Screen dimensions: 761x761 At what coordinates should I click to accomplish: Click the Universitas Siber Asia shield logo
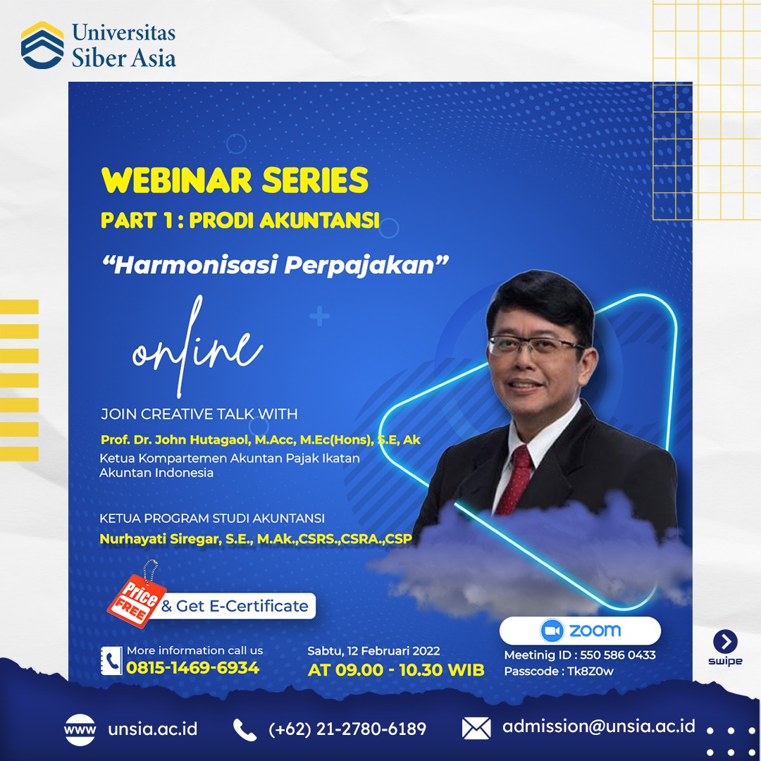pos(42,44)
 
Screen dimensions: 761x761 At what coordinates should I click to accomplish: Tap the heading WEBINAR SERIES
pos(235,180)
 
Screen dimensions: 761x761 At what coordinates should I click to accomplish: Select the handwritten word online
pos(197,347)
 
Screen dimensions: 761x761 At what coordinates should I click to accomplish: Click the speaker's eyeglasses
pos(536,345)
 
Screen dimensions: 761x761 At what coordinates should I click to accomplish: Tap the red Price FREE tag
pos(136,601)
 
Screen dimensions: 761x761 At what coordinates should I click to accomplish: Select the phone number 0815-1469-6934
pos(192,668)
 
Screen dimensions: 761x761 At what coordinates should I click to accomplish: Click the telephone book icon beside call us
pos(111,660)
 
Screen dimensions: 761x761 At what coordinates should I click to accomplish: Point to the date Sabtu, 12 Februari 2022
pos(373,651)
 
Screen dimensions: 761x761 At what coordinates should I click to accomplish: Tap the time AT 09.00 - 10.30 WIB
pos(396,670)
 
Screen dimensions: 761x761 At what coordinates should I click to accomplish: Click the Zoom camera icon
pos(552,631)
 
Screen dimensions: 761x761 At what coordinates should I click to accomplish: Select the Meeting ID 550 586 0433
pos(580,655)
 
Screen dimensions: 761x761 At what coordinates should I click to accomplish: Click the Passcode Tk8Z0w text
pos(559,672)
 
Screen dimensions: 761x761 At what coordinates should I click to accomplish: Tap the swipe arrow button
pos(725,642)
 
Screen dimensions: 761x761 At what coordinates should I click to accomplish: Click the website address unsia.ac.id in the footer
pos(153,729)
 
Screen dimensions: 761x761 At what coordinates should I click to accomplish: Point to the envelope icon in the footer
pos(476,729)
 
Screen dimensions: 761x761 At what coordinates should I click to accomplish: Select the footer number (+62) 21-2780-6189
pos(347,729)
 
